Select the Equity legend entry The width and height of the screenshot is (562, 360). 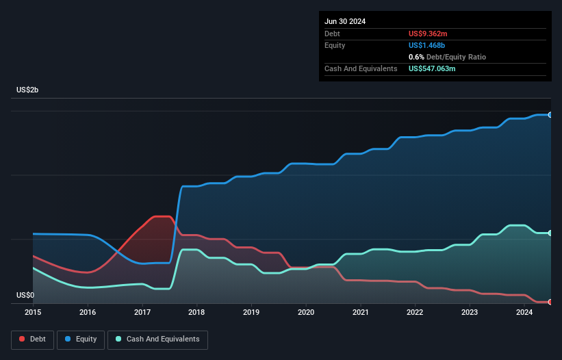(x=81, y=339)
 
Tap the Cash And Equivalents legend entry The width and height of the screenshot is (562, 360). (x=157, y=339)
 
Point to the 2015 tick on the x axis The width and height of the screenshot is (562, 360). (x=33, y=312)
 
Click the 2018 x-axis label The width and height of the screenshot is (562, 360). (x=196, y=312)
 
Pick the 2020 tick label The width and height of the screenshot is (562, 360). (x=306, y=312)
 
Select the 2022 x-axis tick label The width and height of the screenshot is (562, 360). (x=415, y=312)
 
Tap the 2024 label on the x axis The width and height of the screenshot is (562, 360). (x=524, y=312)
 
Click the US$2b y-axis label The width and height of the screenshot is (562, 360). (x=29, y=90)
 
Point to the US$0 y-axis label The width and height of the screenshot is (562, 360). (x=25, y=295)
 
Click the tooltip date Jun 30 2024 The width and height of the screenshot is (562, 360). (x=345, y=21)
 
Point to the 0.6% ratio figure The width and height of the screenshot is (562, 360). (x=414, y=57)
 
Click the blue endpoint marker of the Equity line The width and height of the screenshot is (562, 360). (x=550, y=115)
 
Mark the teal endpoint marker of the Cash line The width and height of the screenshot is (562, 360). (x=550, y=233)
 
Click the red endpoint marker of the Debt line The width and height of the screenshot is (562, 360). (x=550, y=302)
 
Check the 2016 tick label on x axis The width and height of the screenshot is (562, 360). (x=88, y=312)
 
